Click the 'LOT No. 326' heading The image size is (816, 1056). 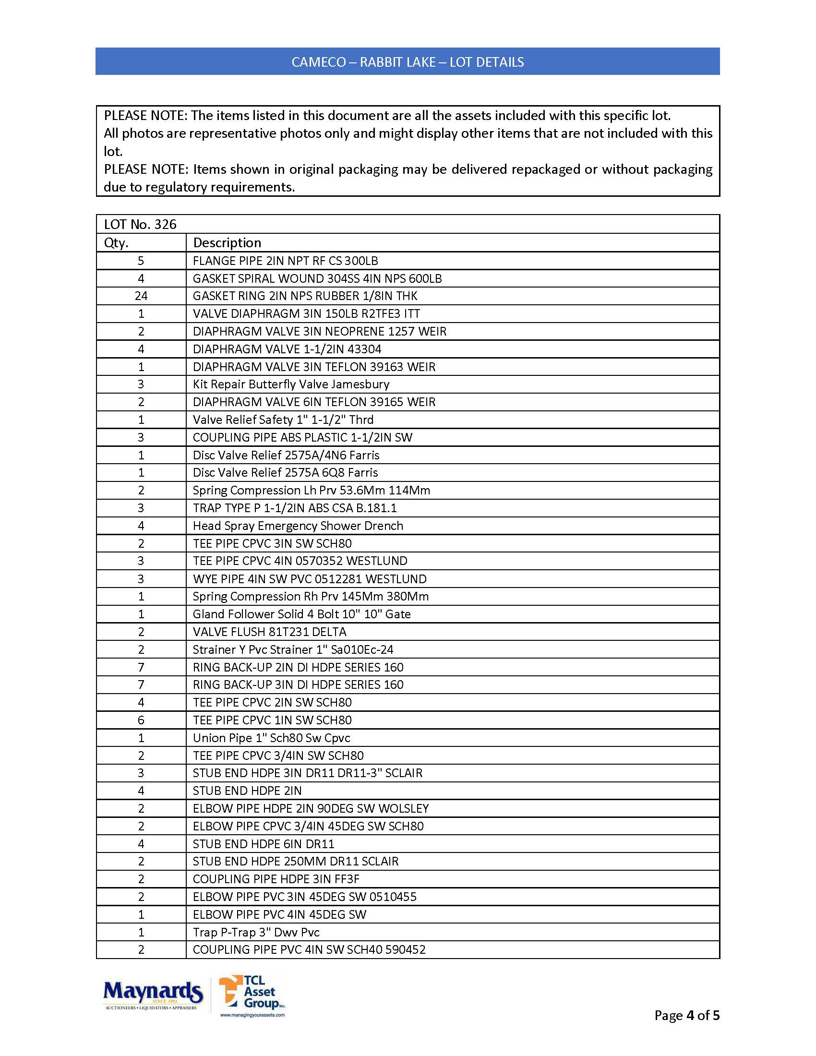pos(140,224)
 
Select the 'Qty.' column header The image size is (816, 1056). pos(116,243)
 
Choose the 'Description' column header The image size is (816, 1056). pos(227,243)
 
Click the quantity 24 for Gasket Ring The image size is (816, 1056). pos(141,296)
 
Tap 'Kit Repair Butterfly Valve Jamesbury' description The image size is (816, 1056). pos(290,384)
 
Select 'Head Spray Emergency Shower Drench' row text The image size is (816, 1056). pos(298,526)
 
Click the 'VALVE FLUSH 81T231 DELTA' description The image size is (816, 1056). pos(269,632)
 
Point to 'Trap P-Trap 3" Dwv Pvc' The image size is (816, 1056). pos(256,932)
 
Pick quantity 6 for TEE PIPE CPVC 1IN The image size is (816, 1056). pos(141,720)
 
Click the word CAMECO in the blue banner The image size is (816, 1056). pos(319,62)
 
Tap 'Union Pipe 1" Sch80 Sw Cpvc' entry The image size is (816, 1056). pos(271,738)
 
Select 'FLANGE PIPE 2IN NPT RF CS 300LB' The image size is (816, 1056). pos(285,261)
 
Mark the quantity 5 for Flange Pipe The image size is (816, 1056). pos(141,261)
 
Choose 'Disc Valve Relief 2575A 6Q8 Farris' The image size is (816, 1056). pos(285,472)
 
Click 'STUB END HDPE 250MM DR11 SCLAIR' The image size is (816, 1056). pos(295,861)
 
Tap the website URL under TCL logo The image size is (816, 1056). pos(252,1015)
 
